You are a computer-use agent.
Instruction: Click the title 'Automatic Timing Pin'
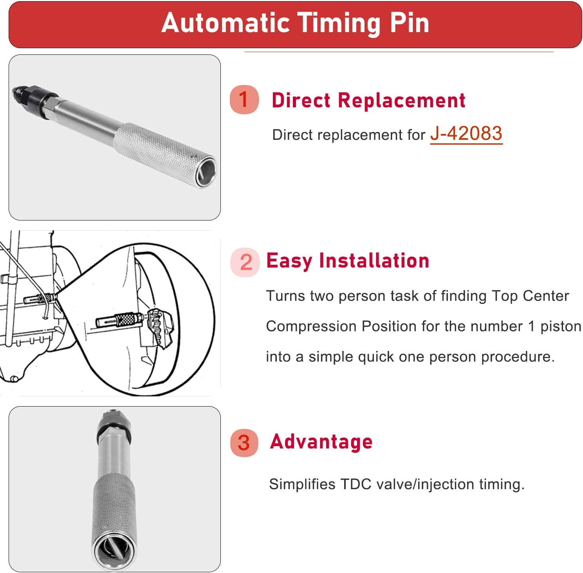pos(295,23)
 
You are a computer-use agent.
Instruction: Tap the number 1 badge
pos(244,99)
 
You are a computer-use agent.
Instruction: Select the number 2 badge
pos(245,262)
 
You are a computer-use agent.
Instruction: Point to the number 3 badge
pos(244,443)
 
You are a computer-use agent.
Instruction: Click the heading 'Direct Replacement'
pos(368,100)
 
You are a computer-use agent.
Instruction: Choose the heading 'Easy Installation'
pos(348,261)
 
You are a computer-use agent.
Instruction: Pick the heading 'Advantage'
pos(321,442)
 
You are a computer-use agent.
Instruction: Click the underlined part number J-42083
pos(466,134)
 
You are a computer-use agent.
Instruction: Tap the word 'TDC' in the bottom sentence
pos(356,484)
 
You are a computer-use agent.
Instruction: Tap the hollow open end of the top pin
pos(207,172)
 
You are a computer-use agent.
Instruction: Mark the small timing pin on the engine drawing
pos(39,299)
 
